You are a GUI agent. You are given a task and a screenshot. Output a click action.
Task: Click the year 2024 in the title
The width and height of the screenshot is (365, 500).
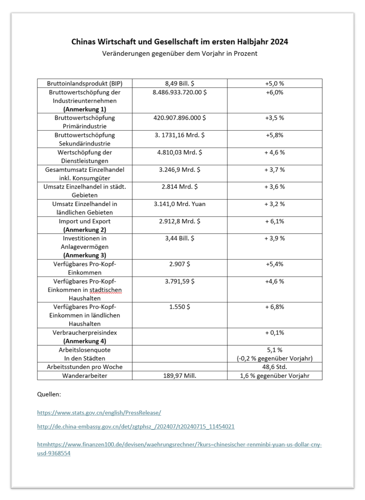click(x=279, y=42)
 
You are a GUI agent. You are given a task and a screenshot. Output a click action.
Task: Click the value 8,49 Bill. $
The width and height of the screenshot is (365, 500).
click(x=179, y=83)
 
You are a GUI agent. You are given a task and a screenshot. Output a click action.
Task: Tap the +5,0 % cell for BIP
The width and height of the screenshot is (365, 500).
click(x=275, y=83)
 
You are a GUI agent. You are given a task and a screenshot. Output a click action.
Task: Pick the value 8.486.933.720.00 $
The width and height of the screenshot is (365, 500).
click(x=179, y=92)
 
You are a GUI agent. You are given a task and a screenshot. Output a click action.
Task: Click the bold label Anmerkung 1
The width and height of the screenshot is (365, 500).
click(x=85, y=109)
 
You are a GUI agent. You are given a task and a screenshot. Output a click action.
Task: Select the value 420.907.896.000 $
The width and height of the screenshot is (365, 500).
click(x=179, y=118)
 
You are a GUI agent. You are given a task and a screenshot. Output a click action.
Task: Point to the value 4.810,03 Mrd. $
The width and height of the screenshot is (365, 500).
click(x=179, y=152)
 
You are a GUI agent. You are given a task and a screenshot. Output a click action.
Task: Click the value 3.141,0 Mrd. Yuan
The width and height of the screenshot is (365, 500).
click(x=179, y=204)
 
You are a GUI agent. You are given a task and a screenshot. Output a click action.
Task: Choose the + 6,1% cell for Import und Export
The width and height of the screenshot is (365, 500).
click(x=275, y=221)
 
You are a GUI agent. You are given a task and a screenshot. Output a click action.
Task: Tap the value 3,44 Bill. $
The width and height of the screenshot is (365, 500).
click(x=179, y=238)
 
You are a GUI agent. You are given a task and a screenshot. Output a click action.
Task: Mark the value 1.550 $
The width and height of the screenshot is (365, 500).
click(x=179, y=307)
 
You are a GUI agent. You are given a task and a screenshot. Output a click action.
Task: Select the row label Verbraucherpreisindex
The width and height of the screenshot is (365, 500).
click(x=85, y=333)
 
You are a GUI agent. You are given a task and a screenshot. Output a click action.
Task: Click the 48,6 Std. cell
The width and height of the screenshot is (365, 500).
click(x=275, y=367)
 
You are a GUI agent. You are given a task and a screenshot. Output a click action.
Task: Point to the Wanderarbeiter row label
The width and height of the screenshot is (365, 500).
click(x=85, y=376)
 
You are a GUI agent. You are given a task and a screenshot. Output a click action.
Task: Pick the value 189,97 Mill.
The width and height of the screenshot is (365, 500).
click(x=179, y=376)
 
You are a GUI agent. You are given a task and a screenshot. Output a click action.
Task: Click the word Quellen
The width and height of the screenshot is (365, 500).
click(x=49, y=394)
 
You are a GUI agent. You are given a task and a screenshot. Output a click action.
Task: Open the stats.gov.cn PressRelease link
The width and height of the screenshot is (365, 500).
click(x=99, y=413)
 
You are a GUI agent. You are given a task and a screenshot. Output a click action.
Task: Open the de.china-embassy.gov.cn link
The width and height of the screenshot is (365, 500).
click(x=135, y=426)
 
